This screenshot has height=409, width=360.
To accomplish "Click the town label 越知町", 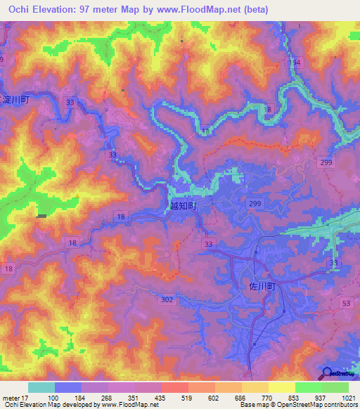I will pos(182,208).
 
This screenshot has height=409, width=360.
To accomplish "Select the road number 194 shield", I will pos(293,63).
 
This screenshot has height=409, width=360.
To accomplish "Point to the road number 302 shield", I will pos(167,299).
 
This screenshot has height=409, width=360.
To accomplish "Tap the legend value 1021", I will pos(348,397).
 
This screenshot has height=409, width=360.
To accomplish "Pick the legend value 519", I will pos(174,397).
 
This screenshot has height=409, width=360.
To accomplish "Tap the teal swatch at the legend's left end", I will pos(41,387).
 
